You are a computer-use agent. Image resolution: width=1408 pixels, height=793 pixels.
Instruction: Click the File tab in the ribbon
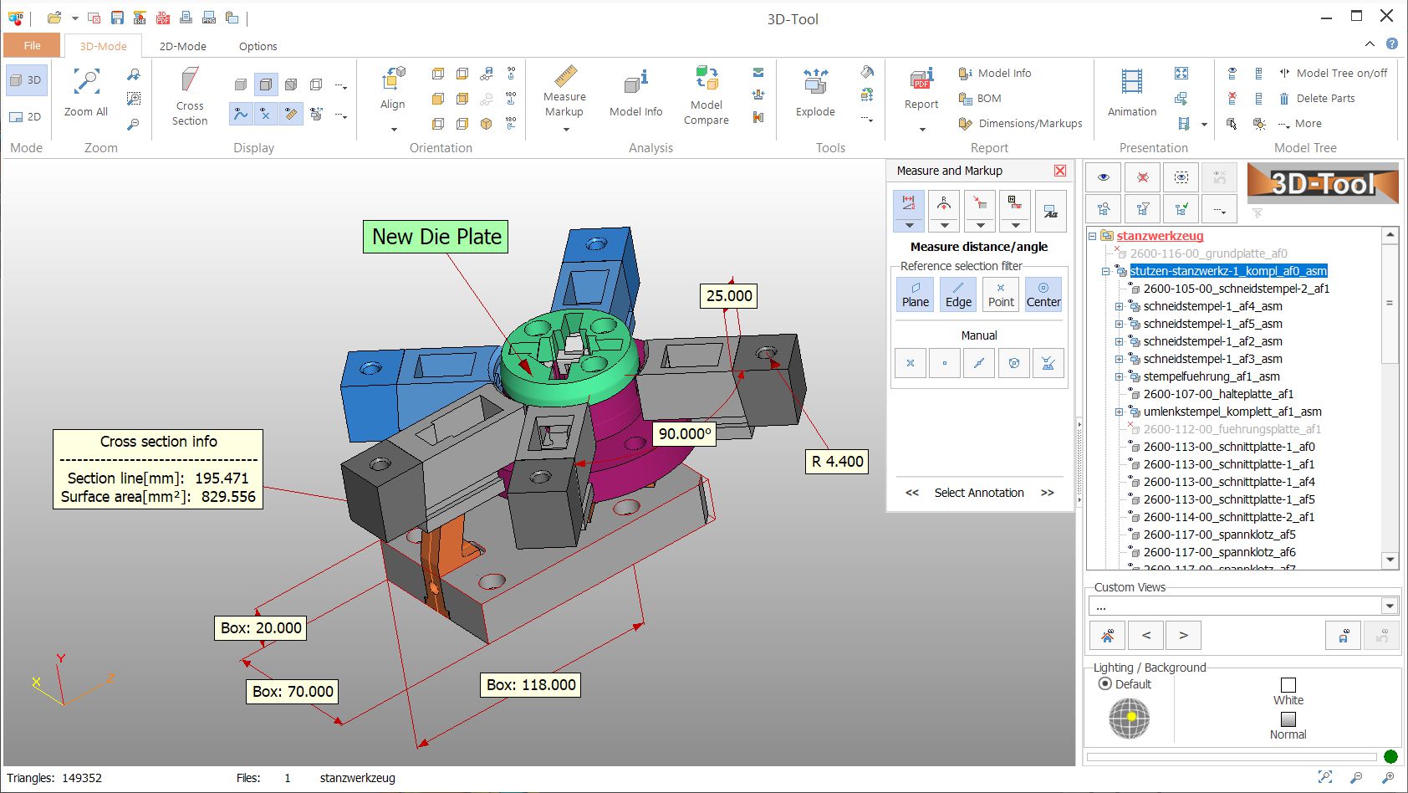tap(32, 46)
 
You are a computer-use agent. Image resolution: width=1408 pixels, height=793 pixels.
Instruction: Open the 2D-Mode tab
tap(182, 46)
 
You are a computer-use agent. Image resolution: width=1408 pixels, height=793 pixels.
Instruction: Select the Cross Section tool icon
tap(190, 82)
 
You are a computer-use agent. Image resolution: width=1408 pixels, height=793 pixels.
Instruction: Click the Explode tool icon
tap(815, 83)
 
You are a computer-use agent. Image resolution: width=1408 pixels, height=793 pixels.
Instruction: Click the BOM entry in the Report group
tap(988, 98)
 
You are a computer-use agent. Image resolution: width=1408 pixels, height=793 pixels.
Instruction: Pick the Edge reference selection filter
tap(958, 294)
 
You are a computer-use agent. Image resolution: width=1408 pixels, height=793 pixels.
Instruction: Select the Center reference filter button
tap(1043, 294)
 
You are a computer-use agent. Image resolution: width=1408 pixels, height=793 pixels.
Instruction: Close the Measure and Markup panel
tap(1060, 171)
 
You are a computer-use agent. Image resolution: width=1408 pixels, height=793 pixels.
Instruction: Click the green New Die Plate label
tap(436, 237)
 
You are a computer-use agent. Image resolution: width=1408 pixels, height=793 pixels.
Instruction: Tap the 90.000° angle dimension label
tap(684, 433)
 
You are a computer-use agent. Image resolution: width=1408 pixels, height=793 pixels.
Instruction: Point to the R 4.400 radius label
tap(836, 461)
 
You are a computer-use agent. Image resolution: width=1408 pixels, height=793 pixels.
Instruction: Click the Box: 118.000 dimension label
tap(531, 684)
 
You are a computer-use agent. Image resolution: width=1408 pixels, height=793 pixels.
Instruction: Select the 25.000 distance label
tap(728, 295)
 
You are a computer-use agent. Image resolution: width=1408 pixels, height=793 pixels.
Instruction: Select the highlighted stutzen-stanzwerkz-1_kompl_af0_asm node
tap(1227, 271)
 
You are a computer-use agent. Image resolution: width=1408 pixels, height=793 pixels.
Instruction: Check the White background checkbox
tap(1288, 685)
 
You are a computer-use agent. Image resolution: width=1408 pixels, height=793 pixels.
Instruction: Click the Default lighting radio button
tap(1105, 684)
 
